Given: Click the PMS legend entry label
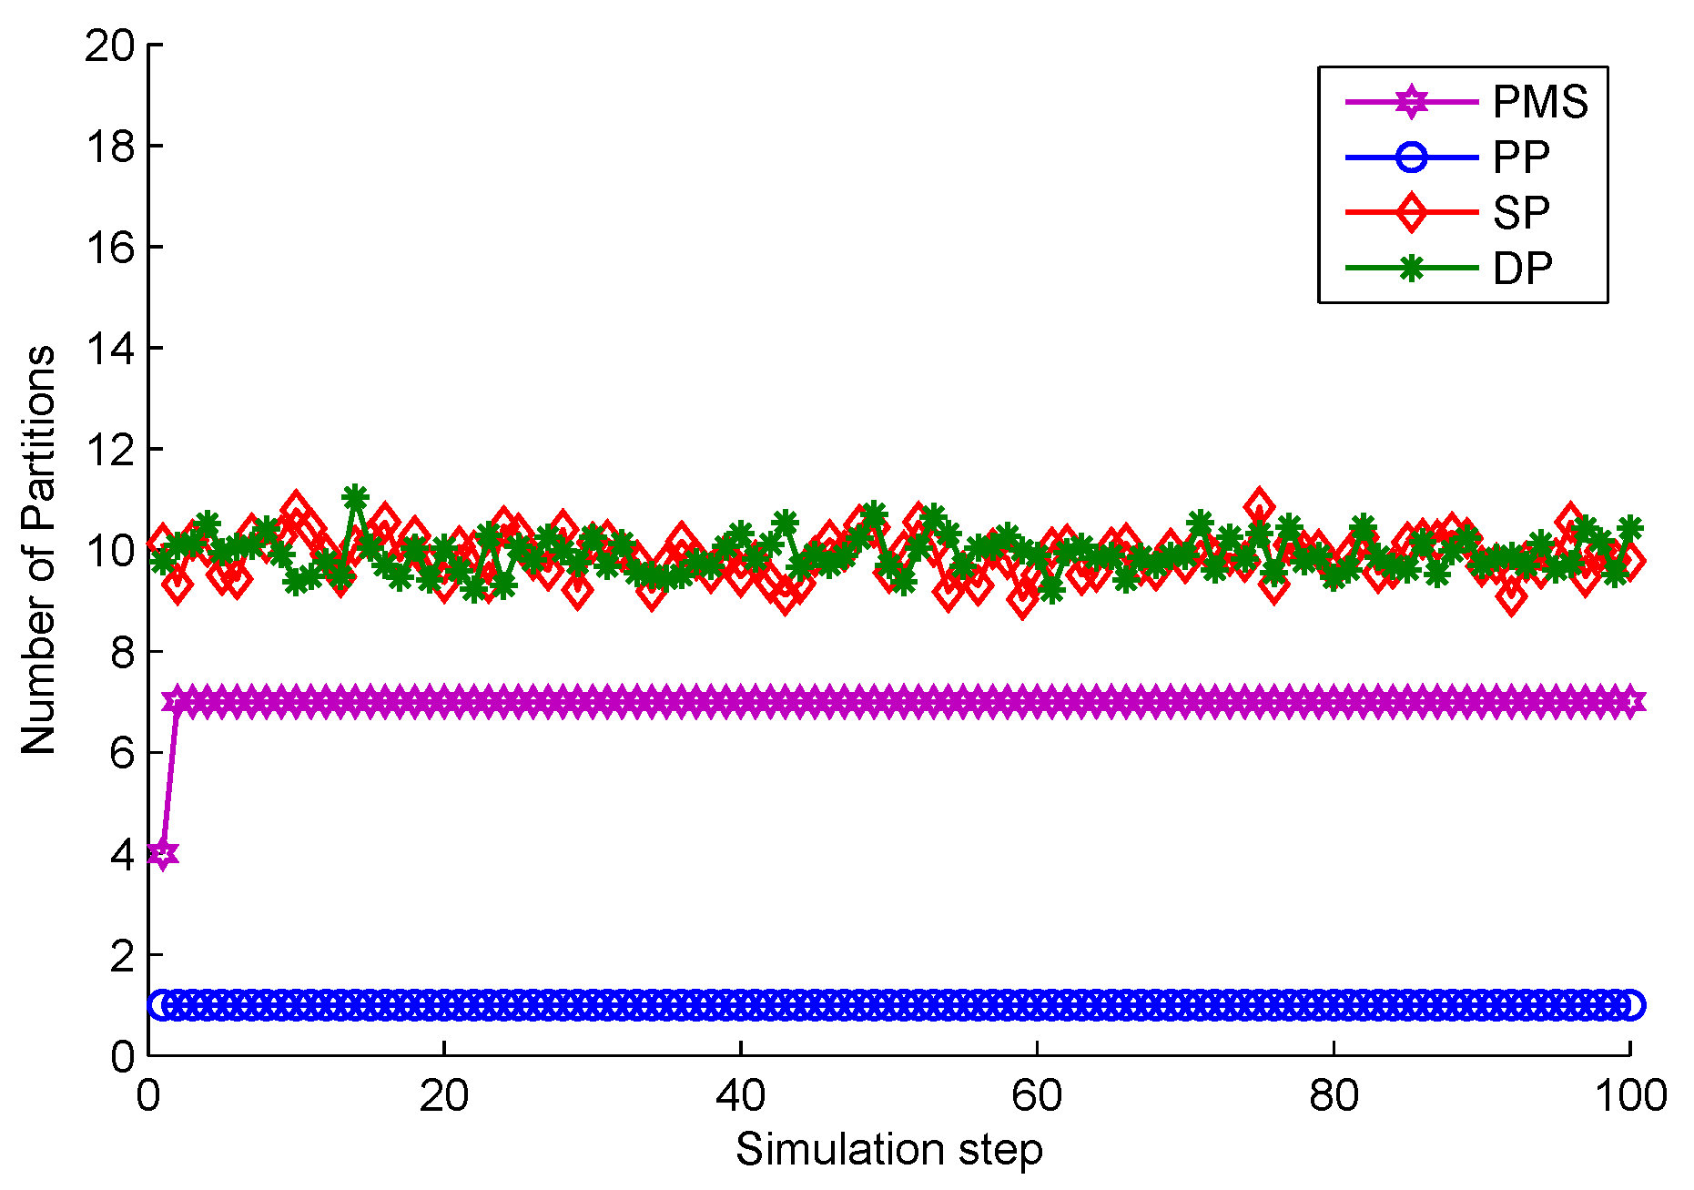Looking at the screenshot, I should [x=1540, y=102].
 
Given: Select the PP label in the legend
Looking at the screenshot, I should [x=1521, y=158].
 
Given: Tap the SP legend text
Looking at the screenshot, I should [x=1521, y=213].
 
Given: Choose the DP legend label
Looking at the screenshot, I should [x=1522, y=269].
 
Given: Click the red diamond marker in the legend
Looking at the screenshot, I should [x=1411, y=212].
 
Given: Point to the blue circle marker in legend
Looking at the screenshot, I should [x=1411, y=158].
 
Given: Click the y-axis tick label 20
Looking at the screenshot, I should [x=109, y=46].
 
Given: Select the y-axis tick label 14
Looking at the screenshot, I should [x=109, y=349].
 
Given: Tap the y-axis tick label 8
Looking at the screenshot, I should [x=122, y=652].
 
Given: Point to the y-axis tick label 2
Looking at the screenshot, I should [x=122, y=956].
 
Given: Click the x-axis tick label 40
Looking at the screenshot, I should [x=740, y=1095].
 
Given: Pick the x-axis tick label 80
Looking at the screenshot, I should [x=1334, y=1095].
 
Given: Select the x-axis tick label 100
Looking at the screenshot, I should [x=1629, y=1095].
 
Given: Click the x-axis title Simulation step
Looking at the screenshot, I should [x=888, y=1149].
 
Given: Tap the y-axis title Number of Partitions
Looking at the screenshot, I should [x=38, y=550].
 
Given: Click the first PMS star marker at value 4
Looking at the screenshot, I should [x=163, y=854].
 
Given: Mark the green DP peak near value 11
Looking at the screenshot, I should [x=355, y=498].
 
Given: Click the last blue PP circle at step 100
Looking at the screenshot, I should [x=1630, y=1005].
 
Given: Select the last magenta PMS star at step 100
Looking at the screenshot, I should [x=1630, y=701].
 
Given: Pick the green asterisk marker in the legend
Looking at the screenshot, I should [x=1411, y=268].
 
